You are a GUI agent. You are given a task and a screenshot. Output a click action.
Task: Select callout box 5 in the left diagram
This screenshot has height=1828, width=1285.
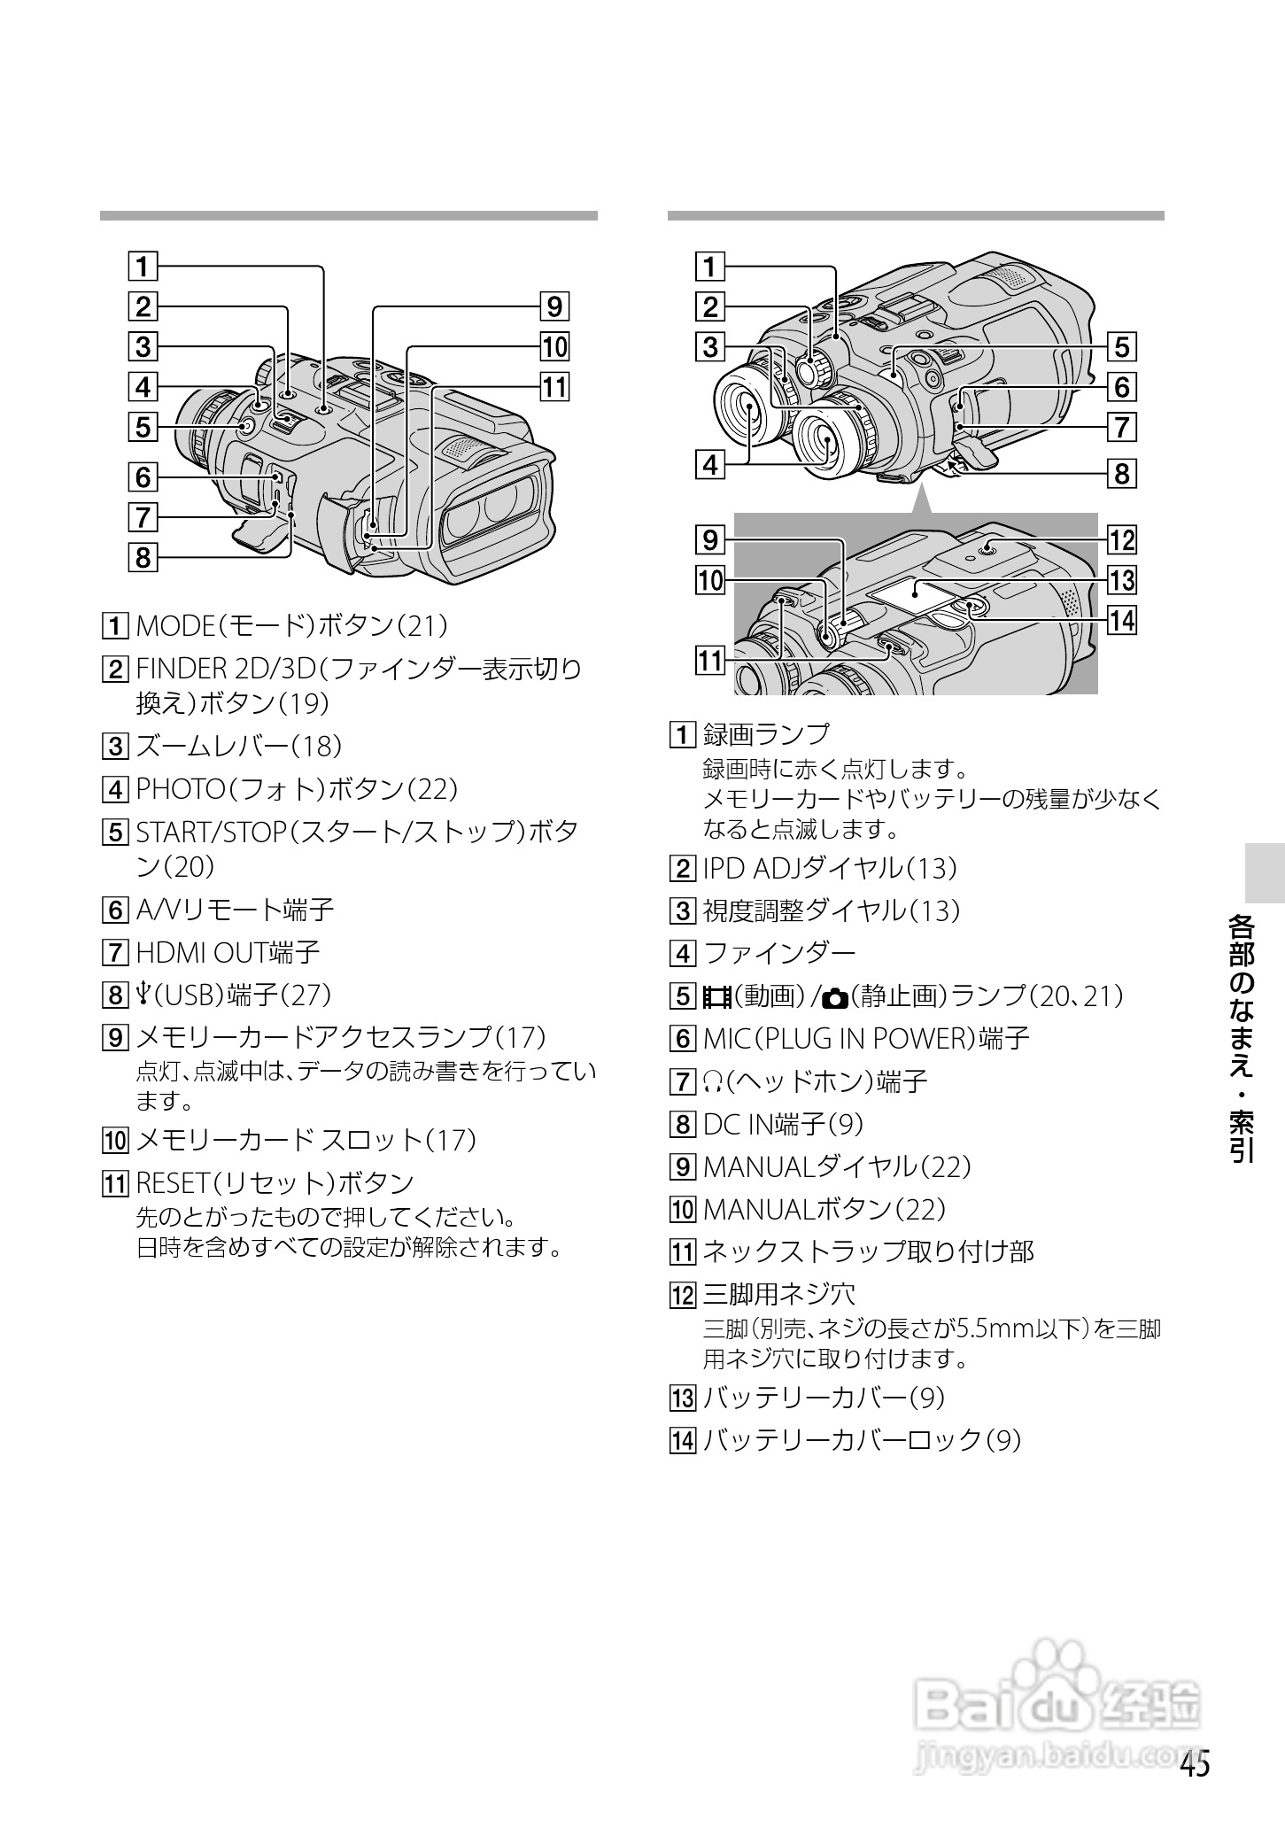(142, 427)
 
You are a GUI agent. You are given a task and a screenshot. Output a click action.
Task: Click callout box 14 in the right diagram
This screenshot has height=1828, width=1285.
(1122, 620)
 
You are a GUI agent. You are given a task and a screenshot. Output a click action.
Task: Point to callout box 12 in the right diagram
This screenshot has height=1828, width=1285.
(1122, 539)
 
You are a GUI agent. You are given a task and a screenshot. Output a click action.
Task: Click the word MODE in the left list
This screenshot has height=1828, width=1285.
(171, 626)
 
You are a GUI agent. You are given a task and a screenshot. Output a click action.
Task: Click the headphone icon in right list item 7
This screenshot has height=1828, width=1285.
(712, 1081)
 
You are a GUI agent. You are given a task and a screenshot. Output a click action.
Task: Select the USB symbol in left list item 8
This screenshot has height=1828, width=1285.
(144, 995)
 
